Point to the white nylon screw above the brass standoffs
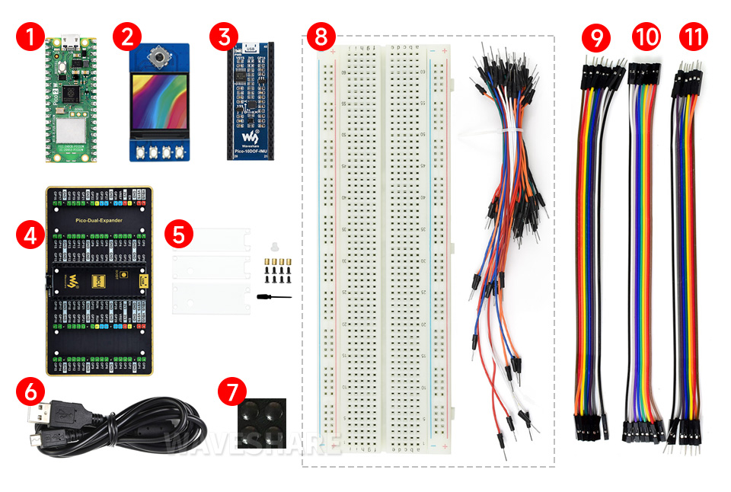point(272,248)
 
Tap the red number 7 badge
point(231,393)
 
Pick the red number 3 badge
point(223,37)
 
